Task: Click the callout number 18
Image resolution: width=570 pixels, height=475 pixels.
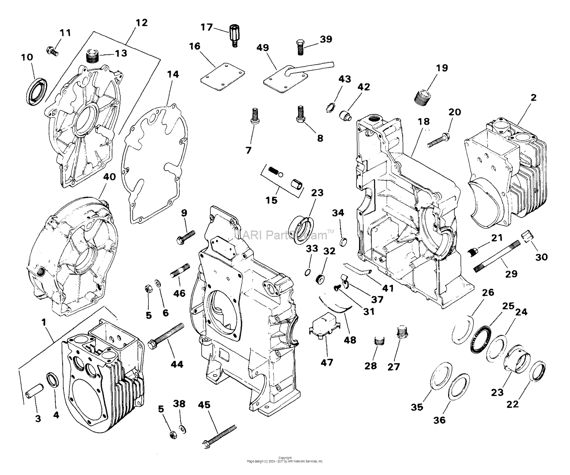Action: tap(423, 121)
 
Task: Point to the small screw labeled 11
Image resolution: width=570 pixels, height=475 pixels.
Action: tap(52, 51)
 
